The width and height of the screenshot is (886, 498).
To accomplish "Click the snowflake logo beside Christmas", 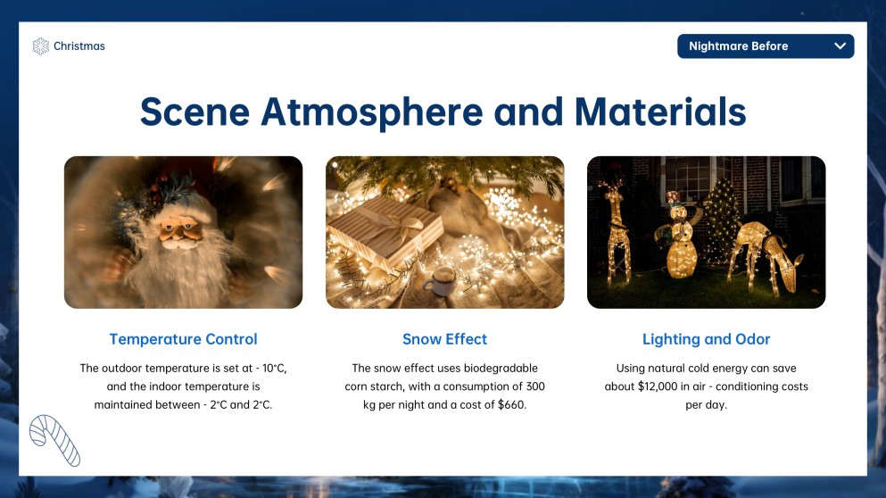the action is tap(41, 46).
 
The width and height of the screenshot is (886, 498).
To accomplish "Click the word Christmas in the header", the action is tap(79, 46).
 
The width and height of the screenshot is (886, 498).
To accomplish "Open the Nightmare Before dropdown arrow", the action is tap(840, 46).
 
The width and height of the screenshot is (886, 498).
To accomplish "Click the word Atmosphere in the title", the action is tap(372, 112).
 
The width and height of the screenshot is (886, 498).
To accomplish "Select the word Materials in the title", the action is tap(660, 112).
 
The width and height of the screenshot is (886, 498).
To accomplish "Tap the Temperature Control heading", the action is tap(183, 339).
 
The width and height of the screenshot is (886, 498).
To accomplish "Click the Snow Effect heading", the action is tap(444, 339).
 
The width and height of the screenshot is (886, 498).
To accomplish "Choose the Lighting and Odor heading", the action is tap(707, 339).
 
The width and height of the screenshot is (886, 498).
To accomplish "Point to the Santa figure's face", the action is tap(179, 231).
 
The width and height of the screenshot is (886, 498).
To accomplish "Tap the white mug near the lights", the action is tap(440, 280).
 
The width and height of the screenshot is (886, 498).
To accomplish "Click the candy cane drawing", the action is tap(54, 440).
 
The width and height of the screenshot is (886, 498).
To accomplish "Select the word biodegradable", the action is tap(501, 368).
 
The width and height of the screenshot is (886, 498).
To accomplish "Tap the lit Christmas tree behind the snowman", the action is tap(722, 220).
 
